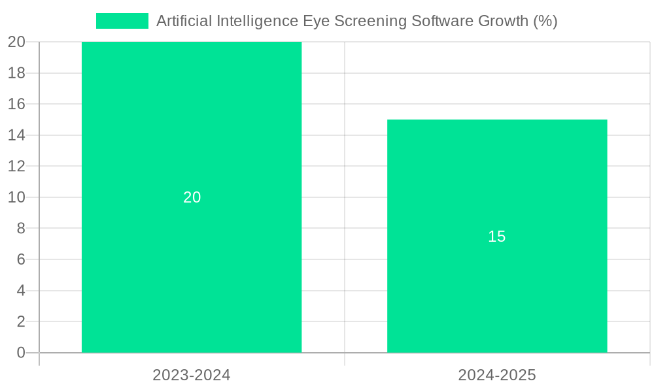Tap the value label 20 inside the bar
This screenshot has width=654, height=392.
(192, 197)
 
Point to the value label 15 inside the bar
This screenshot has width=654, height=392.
(497, 237)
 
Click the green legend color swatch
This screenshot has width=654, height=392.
(122, 21)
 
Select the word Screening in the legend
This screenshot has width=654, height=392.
(371, 21)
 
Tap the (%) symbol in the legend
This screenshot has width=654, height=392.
(545, 21)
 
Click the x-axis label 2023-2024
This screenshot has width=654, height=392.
(192, 375)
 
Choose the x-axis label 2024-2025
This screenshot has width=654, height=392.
(497, 375)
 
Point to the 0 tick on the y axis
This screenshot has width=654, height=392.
(21, 353)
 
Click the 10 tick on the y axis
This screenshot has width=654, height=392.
(16, 197)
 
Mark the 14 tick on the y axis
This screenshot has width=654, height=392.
(16, 135)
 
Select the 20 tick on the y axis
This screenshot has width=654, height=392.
(16, 42)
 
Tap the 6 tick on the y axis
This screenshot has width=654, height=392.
(21, 259)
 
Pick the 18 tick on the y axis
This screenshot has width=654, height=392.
(16, 73)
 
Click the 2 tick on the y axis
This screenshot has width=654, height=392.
(21, 321)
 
